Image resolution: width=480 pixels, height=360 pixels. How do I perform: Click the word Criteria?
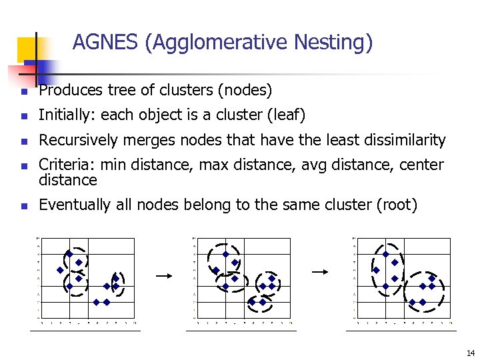65,164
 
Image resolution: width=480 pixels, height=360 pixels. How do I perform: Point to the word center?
421,164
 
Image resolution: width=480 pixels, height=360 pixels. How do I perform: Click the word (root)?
397,205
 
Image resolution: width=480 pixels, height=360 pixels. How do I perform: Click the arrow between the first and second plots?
163,274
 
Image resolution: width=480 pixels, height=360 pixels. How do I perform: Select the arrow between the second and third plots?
320,271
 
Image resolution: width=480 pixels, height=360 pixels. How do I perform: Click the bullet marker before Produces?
23,91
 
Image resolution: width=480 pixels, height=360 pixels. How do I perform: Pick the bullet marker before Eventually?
23,205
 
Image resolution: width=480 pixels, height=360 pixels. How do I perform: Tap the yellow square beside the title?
27,49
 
